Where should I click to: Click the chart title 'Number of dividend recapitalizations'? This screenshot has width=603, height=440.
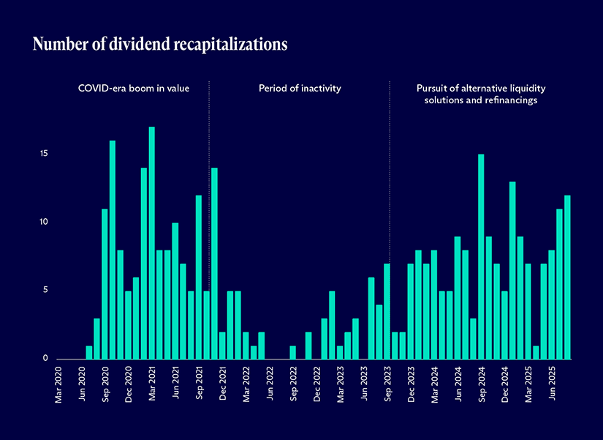[x=160, y=45]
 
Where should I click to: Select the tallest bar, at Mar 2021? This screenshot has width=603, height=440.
[x=151, y=243]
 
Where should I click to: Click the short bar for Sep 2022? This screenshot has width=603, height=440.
[x=292, y=352]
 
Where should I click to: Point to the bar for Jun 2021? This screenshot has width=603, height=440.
[x=175, y=291]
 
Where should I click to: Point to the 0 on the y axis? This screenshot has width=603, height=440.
[x=45, y=359]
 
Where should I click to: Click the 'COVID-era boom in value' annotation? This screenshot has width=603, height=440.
[x=134, y=89]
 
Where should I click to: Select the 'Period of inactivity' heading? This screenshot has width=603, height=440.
[x=300, y=89]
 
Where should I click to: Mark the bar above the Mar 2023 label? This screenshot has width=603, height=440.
[x=340, y=352]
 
